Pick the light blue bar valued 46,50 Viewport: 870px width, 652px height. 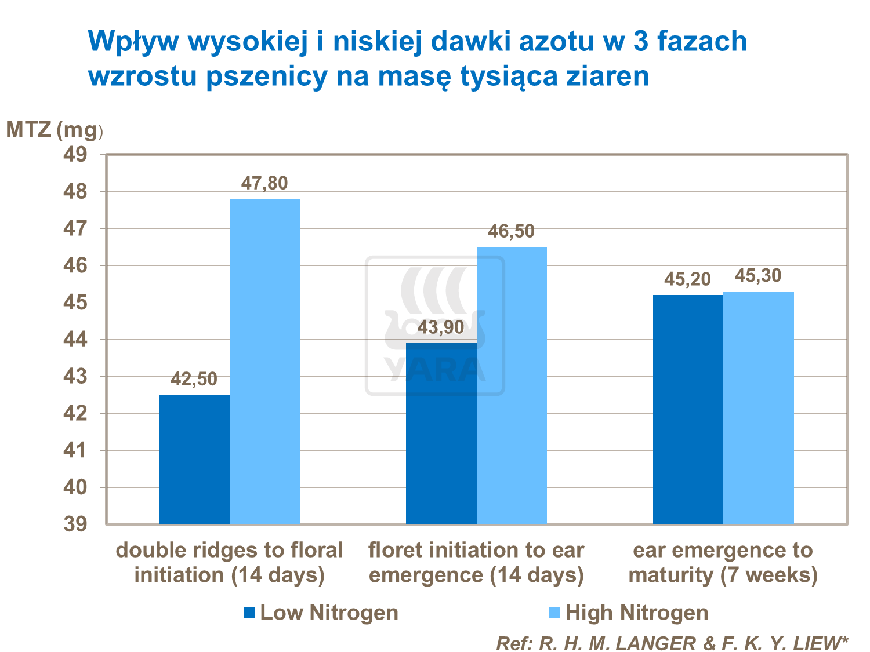tap(512, 385)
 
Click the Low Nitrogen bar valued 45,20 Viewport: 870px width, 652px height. tap(688, 409)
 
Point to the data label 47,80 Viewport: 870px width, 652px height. tap(264, 184)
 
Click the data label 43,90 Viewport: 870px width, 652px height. tap(441, 328)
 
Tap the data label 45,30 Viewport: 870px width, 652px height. tap(758, 276)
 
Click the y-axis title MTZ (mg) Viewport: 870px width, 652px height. tap(54, 130)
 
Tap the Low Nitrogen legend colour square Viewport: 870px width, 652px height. tap(250, 613)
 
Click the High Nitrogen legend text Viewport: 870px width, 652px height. tap(636, 613)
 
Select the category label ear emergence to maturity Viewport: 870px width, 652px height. tap(723, 563)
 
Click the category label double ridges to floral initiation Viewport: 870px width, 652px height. tap(230, 563)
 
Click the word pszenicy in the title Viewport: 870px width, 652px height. tap(267, 77)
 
